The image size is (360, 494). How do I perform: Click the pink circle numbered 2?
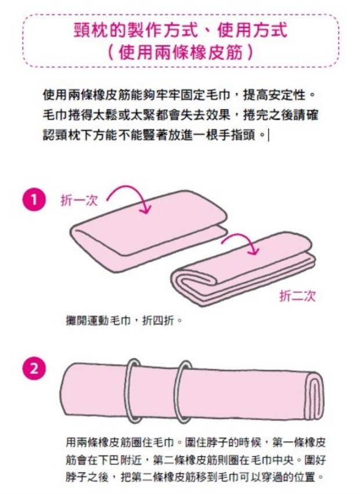tap(34, 369)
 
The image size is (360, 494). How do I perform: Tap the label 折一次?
tap(79, 201)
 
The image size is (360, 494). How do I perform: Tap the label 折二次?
tap(297, 296)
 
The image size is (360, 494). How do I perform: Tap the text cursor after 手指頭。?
tap(269, 135)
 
